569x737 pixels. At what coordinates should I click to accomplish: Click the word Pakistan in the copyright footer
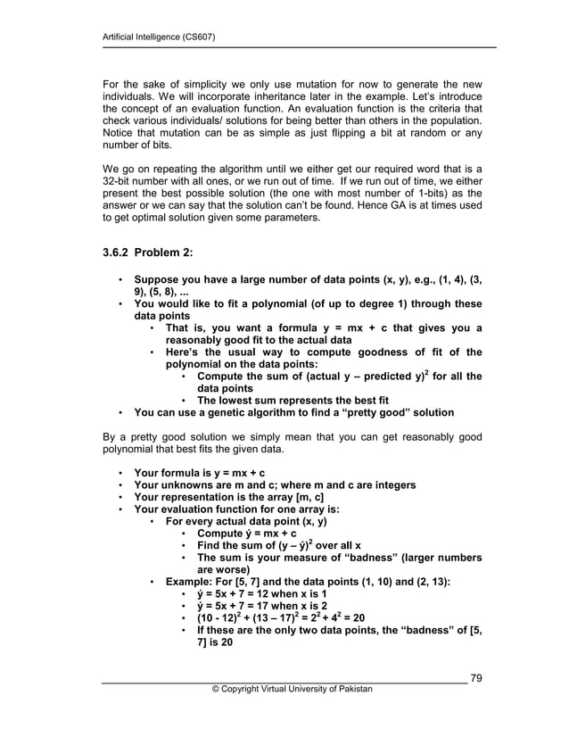(354, 689)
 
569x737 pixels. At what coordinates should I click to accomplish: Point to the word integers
(392, 484)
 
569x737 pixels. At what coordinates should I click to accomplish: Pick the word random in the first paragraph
(406, 133)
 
